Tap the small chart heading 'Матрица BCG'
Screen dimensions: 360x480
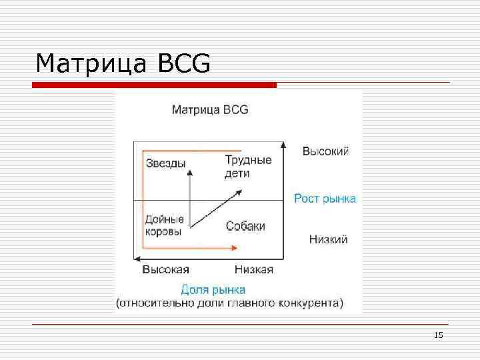tap(210, 109)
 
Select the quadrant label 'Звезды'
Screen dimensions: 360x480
tap(165, 163)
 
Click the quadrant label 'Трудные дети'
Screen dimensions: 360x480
tap(248, 166)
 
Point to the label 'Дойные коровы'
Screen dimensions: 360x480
tap(165, 225)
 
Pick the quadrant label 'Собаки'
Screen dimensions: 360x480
tap(245, 226)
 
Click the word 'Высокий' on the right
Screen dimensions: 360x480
tap(325, 151)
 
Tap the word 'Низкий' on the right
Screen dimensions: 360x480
tap(328, 239)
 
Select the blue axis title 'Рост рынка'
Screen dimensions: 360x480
tap(325, 199)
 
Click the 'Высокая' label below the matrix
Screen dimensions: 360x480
tap(166, 269)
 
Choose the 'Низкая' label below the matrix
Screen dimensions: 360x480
tap(253, 269)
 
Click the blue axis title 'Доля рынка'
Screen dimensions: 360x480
tap(213, 290)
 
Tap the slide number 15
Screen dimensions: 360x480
tap(438, 335)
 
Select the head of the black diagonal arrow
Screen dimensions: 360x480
tap(239, 191)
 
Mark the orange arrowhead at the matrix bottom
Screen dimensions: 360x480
tap(235, 248)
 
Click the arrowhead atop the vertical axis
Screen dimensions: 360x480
tap(284, 145)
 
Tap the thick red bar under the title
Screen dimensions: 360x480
tap(155, 85)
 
